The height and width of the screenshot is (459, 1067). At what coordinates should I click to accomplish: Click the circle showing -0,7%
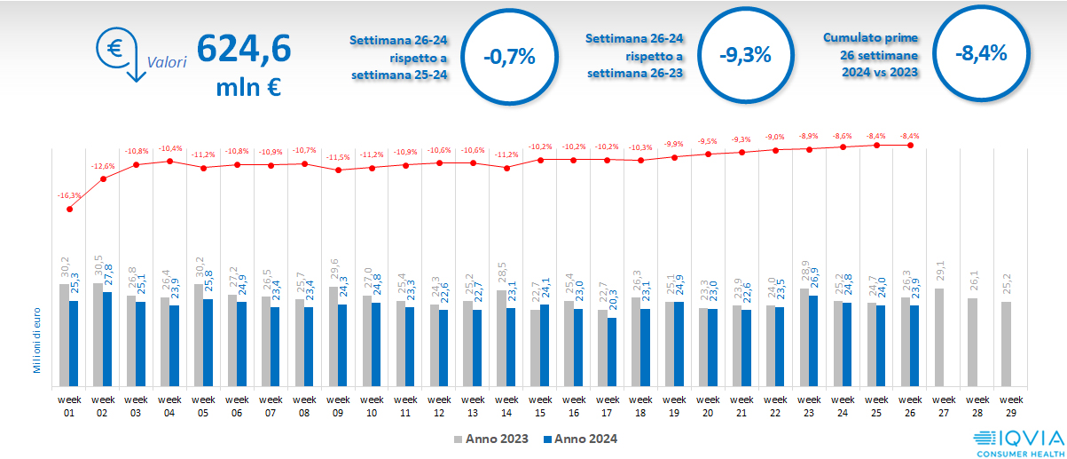(x=509, y=57)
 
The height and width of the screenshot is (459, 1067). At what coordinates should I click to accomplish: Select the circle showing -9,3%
(x=745, y=55)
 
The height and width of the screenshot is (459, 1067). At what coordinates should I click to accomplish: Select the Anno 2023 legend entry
(x=491, y=439)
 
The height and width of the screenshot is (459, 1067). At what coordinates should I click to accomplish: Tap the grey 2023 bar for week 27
(x=938, y=338)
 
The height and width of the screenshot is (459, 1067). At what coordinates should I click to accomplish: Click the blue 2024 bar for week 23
(x=814, y=341)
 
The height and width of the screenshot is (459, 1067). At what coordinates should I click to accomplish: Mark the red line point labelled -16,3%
(x=69, y=209)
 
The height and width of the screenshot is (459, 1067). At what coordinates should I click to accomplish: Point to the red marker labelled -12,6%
(x=103, y=178)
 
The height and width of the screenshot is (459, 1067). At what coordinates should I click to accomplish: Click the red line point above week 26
(x=910, y=145)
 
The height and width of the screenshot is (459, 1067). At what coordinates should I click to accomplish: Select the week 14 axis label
(x=506, y=407)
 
